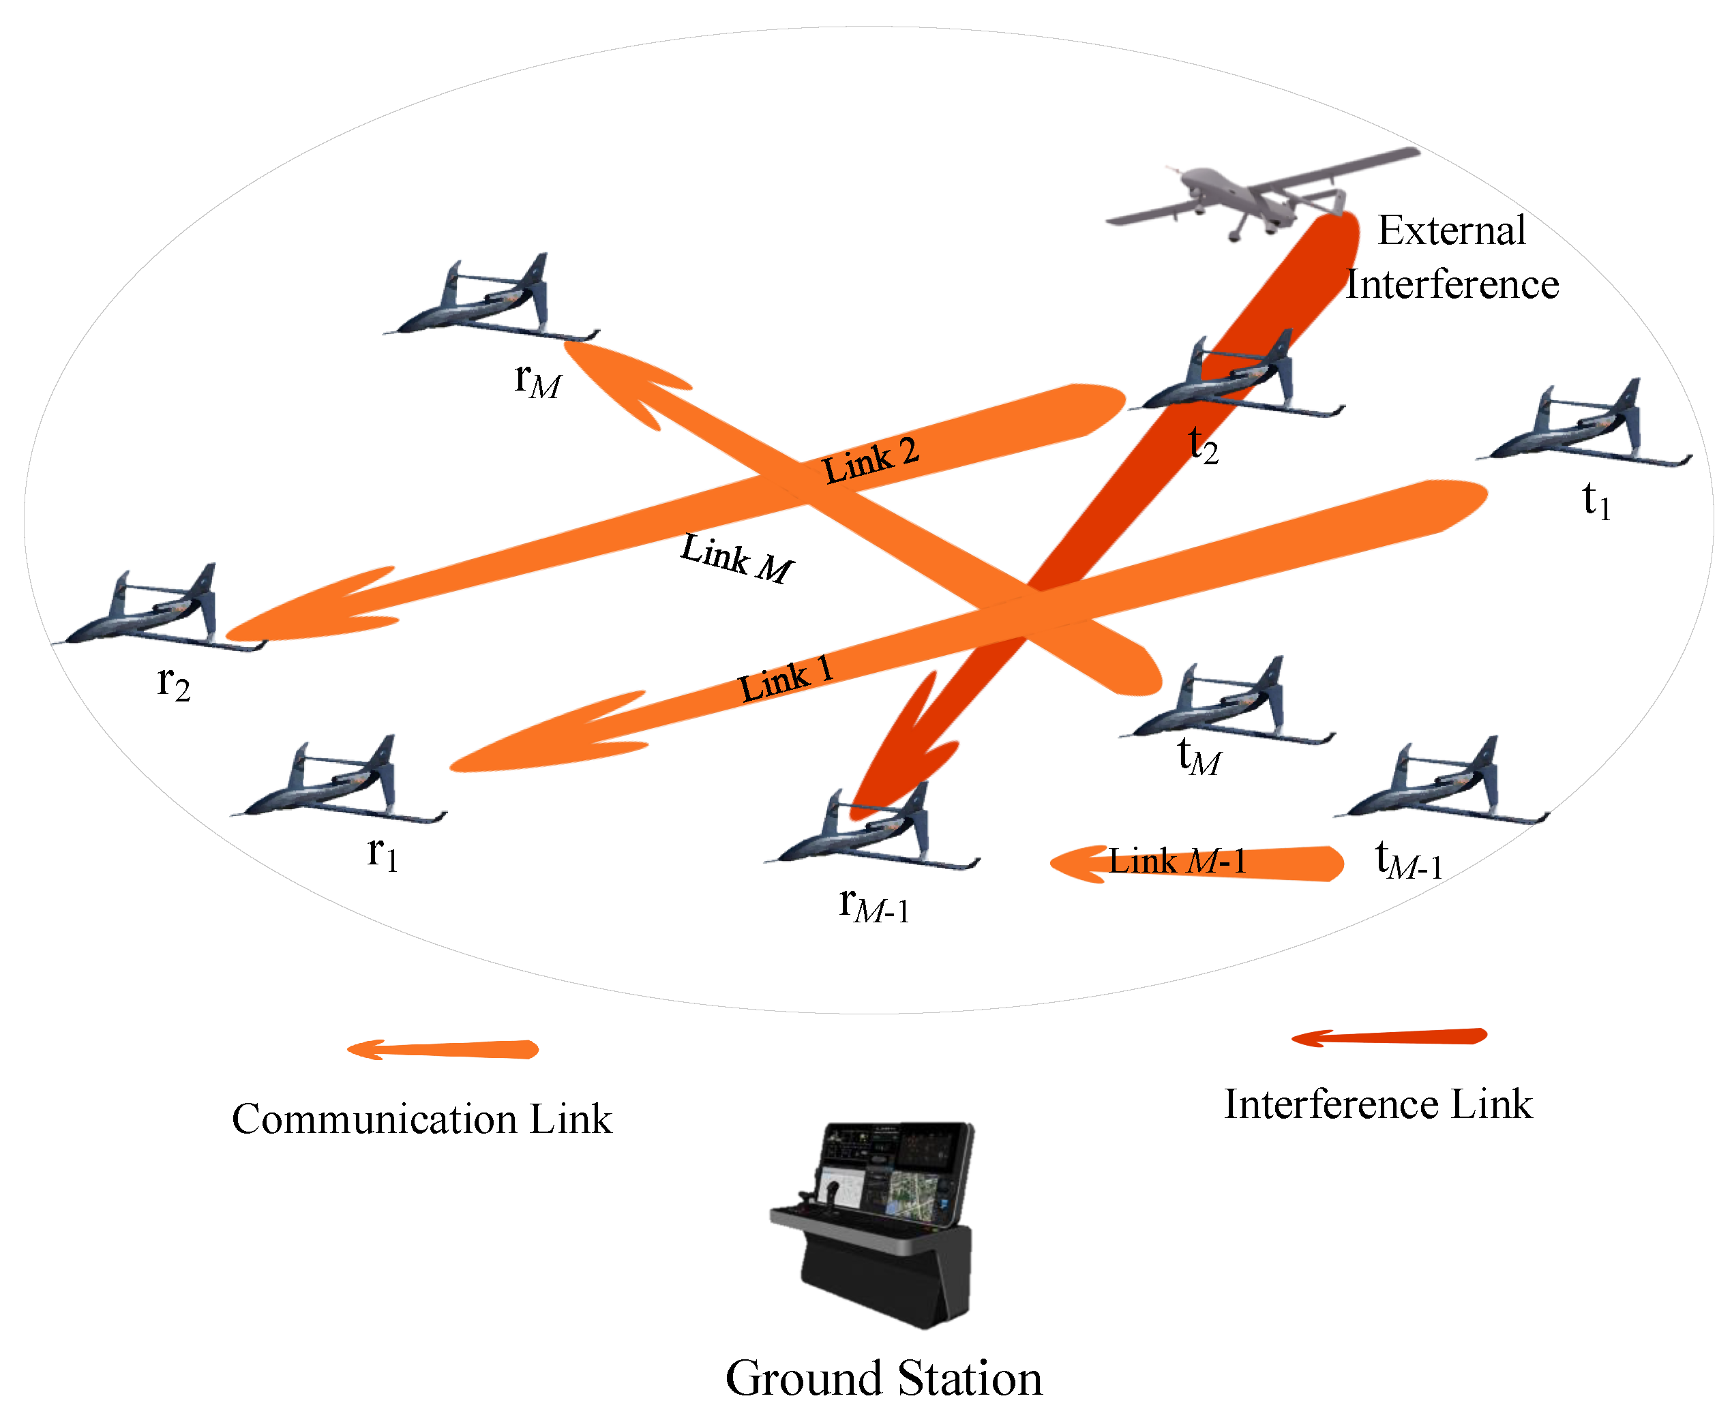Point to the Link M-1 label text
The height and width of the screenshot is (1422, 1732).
[x=1178, y=862]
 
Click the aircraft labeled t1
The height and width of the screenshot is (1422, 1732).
[x=1581, y=427]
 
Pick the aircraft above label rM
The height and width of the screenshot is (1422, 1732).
[x=492, y=300]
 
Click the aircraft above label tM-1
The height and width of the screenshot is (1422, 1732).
[x=1442, y=783]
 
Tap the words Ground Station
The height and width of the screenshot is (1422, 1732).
[x=883, y=1378]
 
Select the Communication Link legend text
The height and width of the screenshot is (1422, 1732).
[x=421, y=1119]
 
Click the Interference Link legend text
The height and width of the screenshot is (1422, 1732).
[x=1377, y=1104]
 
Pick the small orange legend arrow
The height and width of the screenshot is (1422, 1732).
[x=443, y=1049]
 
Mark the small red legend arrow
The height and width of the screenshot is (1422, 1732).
[x=1389, y=1037]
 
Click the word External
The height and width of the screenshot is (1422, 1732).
[x=1451, y=231]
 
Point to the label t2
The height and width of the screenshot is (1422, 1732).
[x=1203, y=447]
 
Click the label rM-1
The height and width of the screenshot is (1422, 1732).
[x=874, y=906]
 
